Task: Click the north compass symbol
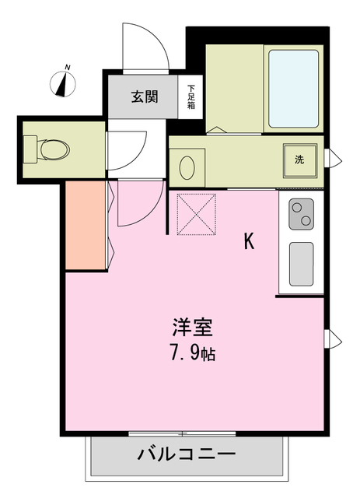click(61, 82)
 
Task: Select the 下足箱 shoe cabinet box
click(190, 96)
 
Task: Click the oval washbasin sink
click(187, 167)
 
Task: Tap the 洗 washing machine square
click(300, 160)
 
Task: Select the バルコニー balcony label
click(187, 454)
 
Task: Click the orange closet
click(85, 226)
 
